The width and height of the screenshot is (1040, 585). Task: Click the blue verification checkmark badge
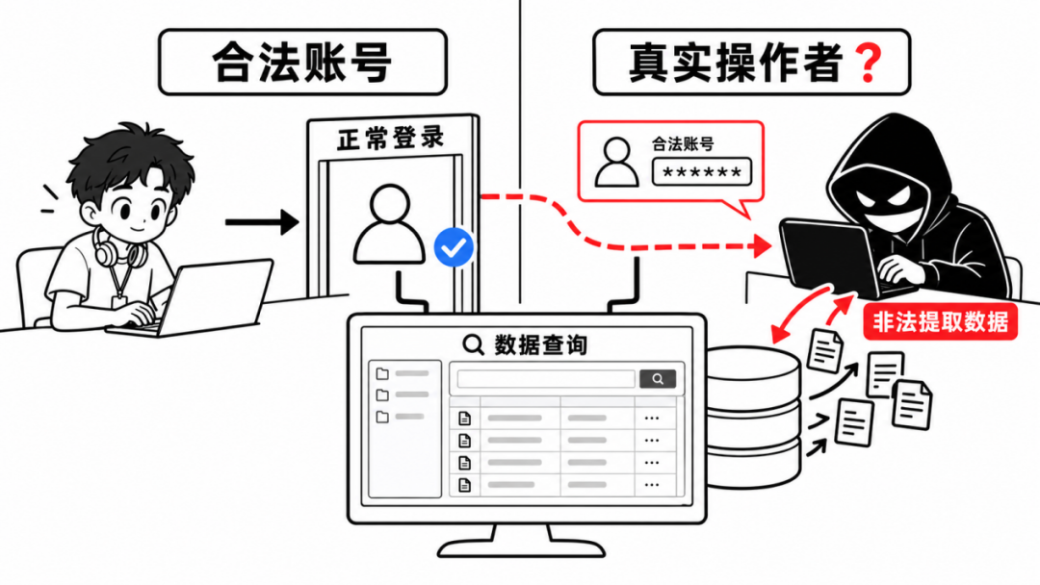tap(454, 248)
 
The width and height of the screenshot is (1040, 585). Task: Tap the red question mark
tap(869, 63)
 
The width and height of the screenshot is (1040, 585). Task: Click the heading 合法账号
tap(301, 63)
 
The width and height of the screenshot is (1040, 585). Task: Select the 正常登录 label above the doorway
tap(390, 139)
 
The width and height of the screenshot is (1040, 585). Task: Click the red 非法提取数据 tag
tap(940, 322)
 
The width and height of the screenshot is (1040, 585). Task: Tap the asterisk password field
tap(702, 172)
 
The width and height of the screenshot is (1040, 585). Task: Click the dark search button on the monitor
tap(658, 379)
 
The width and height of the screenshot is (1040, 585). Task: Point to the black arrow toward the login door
tap(262, 222)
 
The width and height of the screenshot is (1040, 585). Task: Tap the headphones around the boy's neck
tap(118, 248)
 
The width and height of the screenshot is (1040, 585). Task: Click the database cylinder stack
tap(753, 418)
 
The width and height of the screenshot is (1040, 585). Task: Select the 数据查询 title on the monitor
tap(540, 344)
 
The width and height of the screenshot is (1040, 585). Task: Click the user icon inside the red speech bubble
tap(616, 163)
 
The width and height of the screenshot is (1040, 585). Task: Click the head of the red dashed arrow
tap(764, 245)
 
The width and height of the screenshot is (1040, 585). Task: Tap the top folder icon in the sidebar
tap(382, 373)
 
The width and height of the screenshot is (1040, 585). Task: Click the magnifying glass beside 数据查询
tap(473, 344)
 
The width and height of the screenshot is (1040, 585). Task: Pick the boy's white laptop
tap(195, 298)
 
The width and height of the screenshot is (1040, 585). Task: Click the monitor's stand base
tap(521, 547)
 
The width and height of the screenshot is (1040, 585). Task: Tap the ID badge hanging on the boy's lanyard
tap(119, 302)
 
